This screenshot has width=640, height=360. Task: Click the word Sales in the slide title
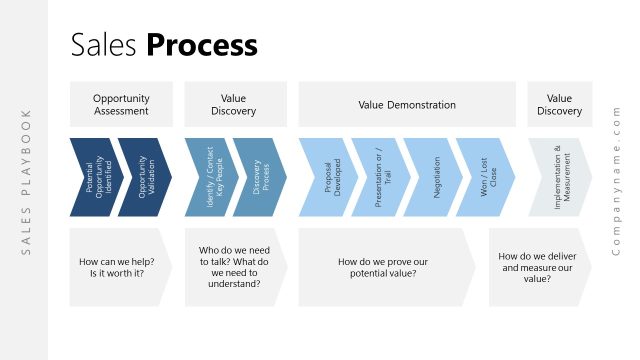pyautogui.click(x=105, y=45)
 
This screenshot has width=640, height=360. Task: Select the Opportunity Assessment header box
pyautogui.click(x=121, y=105)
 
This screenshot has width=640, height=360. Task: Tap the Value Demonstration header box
pyautogui.click(x=407, y=105)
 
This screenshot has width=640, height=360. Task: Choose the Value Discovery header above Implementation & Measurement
pyautogui.click(x=559, y=105)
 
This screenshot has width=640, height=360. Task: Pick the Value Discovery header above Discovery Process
pyautogui.click(x=234, y=105)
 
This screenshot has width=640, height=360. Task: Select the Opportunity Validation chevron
pyautogui.click(x=144, y=177)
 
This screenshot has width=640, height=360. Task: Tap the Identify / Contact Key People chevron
pyautogui.click(x=209, y=177)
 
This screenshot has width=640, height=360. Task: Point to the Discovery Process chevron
pyautogui.click(x=259, y=177)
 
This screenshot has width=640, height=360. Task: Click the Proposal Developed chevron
pyautogui.click(x=326, y=177)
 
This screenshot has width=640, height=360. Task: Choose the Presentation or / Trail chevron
pyautogui.click(x=378, y=177)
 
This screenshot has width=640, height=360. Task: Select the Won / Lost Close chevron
pyautogui.click(x=484, y=177)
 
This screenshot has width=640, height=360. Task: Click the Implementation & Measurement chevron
pyautogui.click(x=558, y=177)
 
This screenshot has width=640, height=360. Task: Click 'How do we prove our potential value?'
pyautogui.click(x=378, y=267)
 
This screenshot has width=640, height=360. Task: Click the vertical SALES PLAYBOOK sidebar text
pyautogui.click(x=27, y=180)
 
